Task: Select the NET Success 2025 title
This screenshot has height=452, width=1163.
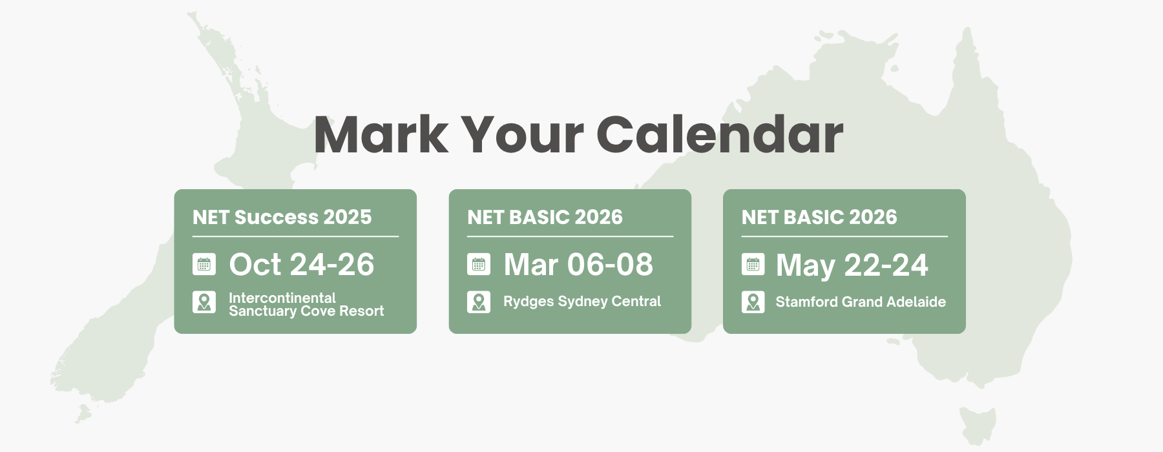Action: [282, 217]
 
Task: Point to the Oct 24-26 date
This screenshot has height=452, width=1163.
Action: [302, 265]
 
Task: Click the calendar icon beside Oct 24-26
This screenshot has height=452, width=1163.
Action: [204, 265]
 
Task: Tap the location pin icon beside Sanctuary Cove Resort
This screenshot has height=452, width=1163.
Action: [204, 302]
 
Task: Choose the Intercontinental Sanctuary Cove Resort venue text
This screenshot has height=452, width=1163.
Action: [306, 304]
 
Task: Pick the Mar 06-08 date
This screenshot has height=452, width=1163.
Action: [578, 265]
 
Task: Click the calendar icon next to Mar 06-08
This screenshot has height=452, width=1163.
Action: [479, 265]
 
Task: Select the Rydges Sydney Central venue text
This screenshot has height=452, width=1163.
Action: [582, 302]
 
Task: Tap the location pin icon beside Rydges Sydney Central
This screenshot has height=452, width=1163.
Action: [479, 302]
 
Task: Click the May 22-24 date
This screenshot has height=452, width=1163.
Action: [852, 265]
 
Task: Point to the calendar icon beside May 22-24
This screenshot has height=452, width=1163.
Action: [753, 265]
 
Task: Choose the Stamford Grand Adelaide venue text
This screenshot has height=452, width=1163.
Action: [861, 302]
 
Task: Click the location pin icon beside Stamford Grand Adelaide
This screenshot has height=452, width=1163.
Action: [753, 302]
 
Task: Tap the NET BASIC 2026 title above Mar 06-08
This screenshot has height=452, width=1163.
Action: [545, 217]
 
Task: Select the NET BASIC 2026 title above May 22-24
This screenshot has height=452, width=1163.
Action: [819, 217]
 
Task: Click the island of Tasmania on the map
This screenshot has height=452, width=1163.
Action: [976, 424]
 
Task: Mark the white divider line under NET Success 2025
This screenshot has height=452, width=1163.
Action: [295, 236]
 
